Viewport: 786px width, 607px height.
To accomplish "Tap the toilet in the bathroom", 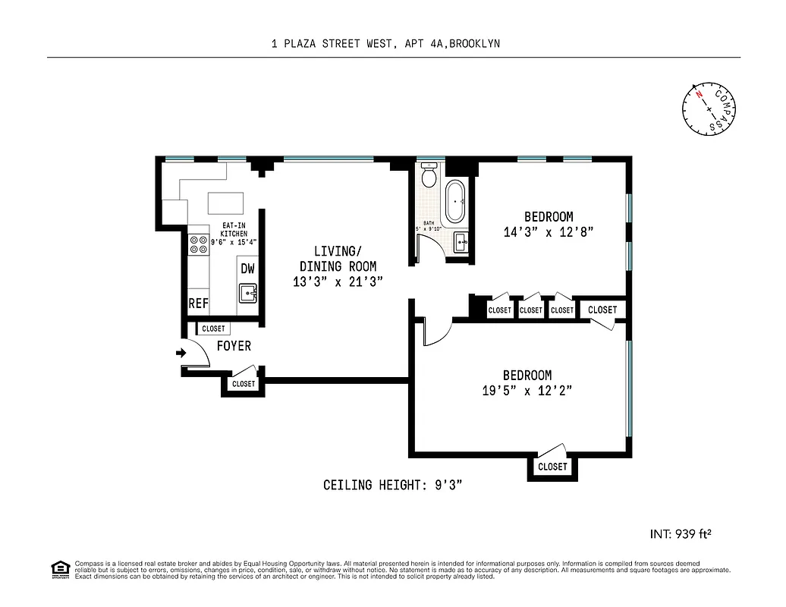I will (429, 177).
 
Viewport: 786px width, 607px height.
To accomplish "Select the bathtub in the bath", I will (456, 202).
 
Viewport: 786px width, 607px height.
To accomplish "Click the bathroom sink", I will (461, 243).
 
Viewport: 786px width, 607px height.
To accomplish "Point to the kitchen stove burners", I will (199, 244).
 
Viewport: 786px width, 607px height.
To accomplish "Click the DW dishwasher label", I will (247, 268).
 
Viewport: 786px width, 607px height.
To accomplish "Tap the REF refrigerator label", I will (198, 303).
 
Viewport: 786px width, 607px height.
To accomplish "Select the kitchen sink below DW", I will (248, 293).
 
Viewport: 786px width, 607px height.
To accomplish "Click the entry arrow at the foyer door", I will (181, 353).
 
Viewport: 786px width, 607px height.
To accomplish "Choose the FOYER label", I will (234, 346).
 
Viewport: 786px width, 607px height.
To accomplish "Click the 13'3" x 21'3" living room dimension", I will (338, 281).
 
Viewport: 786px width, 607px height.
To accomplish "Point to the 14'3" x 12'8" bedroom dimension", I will (548, 231).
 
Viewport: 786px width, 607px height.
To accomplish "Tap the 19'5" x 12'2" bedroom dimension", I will (527, 391).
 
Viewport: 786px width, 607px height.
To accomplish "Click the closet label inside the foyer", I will (213, 329).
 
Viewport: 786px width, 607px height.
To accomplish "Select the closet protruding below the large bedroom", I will (552, 467).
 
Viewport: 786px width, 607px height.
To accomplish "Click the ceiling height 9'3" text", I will (392, 485).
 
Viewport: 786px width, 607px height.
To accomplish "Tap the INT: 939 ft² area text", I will (680, 534).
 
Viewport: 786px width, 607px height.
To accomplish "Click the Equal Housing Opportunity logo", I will (59, 568).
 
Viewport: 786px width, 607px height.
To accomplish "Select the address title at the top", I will (385, 44).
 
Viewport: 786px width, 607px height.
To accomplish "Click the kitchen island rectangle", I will (226, 203).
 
